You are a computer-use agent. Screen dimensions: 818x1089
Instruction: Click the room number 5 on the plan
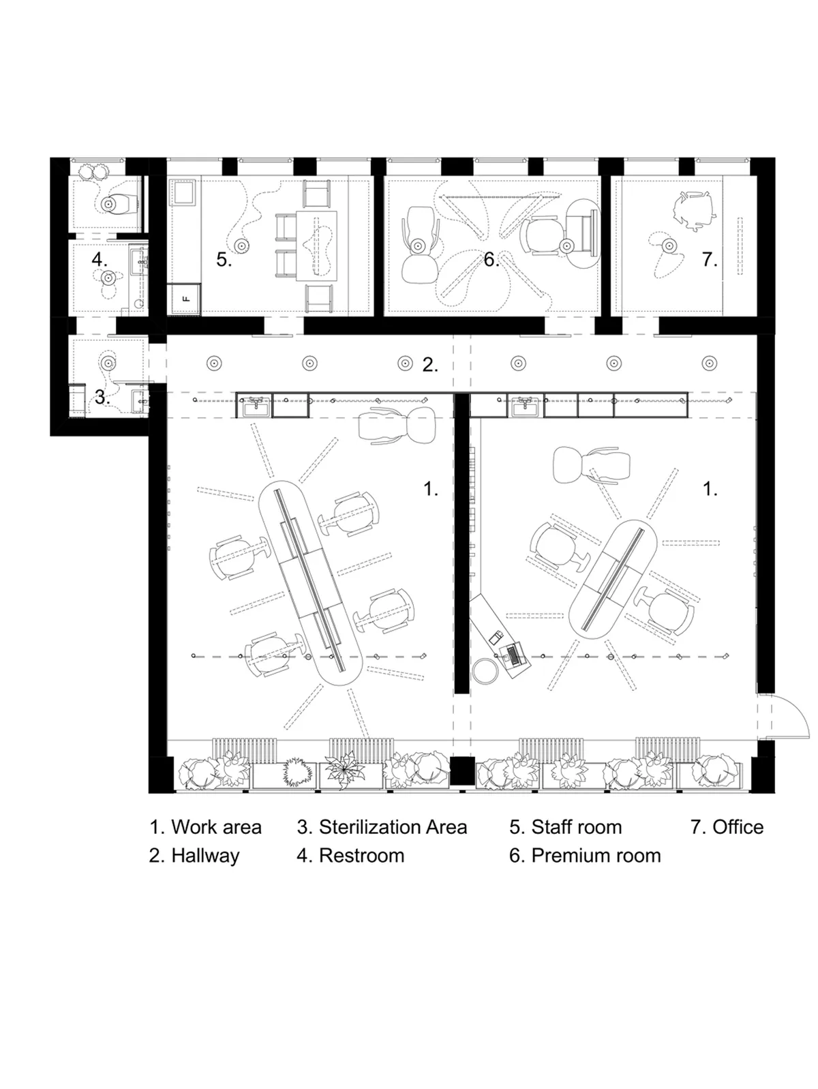(x=224, y=260)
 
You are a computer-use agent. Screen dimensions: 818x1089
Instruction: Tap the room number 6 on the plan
(x=491, y=260)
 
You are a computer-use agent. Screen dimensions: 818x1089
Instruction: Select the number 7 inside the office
(x=710, y=260)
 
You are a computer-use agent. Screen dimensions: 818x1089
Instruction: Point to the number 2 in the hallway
(x=430, y=365)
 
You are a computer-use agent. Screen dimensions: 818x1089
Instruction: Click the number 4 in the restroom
(x=99, y=259)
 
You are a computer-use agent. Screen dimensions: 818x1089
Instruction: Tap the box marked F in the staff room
(x=185, y=299)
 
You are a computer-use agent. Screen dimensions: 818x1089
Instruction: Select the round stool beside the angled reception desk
(x=486, y=670)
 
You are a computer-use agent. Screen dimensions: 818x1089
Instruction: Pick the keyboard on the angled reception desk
(x=513, y=656)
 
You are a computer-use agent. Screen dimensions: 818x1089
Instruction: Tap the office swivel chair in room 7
(x=695, y=210)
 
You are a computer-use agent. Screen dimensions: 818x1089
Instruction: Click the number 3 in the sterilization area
(x=102, y=397)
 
